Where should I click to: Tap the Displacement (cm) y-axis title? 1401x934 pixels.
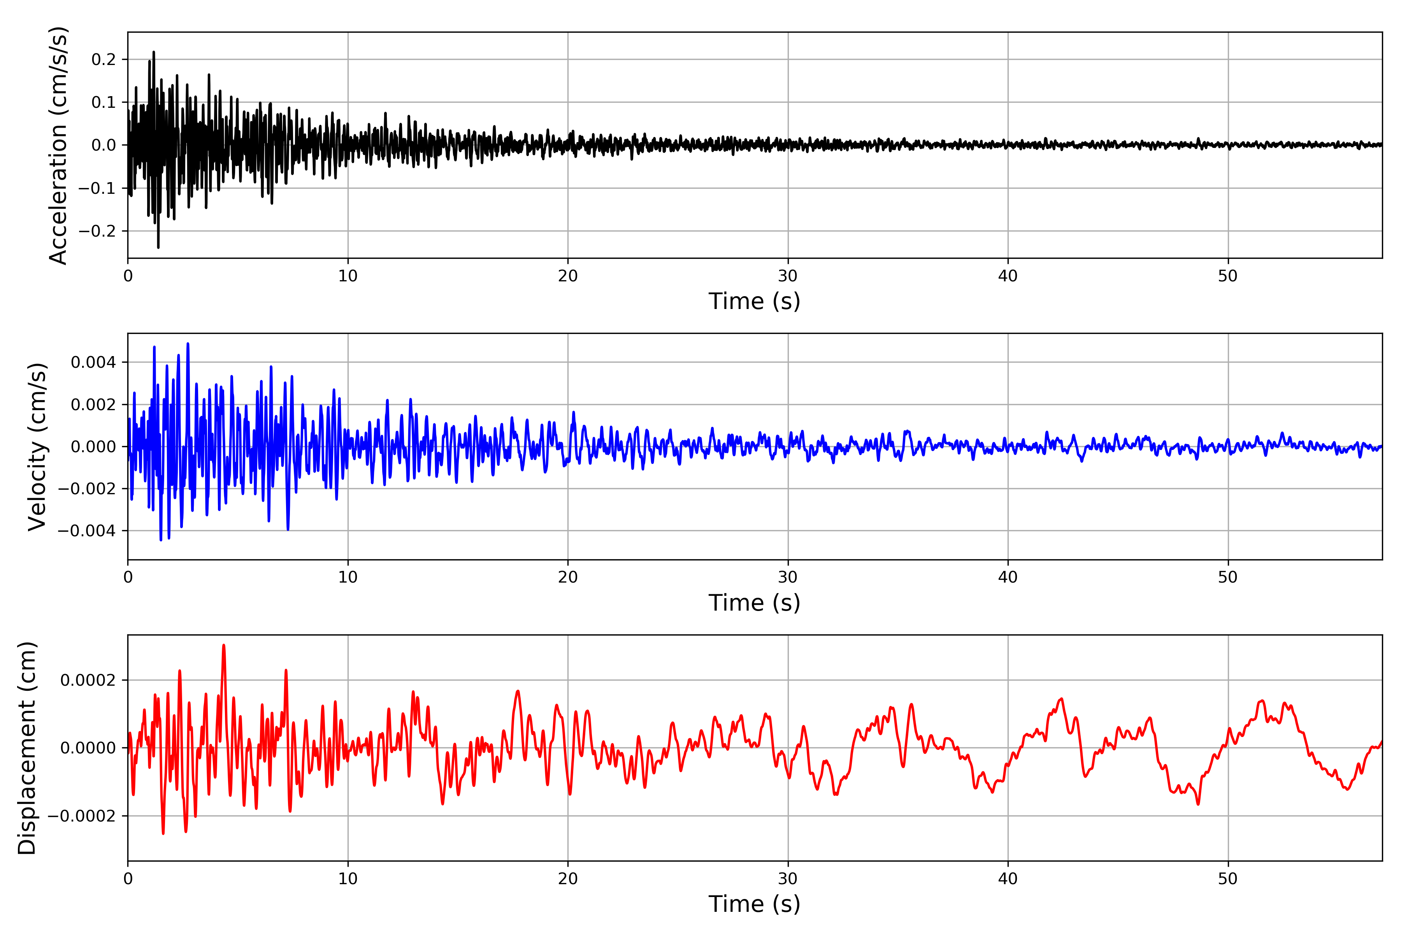[x=27, y=748]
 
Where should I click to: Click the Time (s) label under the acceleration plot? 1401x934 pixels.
[x=754, y=301]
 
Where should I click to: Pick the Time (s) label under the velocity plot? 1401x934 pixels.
[x=754, y=603]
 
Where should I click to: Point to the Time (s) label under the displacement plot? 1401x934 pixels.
[x=754, y=904]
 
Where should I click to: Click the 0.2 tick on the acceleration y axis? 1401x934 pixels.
[x=104, y=60]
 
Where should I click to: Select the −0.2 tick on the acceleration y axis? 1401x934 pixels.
[x=97, y=231]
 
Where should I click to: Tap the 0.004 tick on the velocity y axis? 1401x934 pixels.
[x=93, y=362]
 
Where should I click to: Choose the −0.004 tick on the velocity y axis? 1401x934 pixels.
[x=87, y=531]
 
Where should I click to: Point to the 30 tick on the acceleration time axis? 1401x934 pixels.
[x=787, y=276]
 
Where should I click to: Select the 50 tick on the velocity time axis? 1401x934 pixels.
[x=1228, y=577]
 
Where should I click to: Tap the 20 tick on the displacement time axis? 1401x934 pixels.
[x=568, y=879]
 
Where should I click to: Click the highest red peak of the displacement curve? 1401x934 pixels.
[x=223, y=645]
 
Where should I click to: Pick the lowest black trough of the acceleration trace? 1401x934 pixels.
[x=158, y=247]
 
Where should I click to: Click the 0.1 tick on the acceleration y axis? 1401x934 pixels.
[x=104, y=102]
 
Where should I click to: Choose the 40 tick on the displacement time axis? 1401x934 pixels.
[x=1008, y=879]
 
